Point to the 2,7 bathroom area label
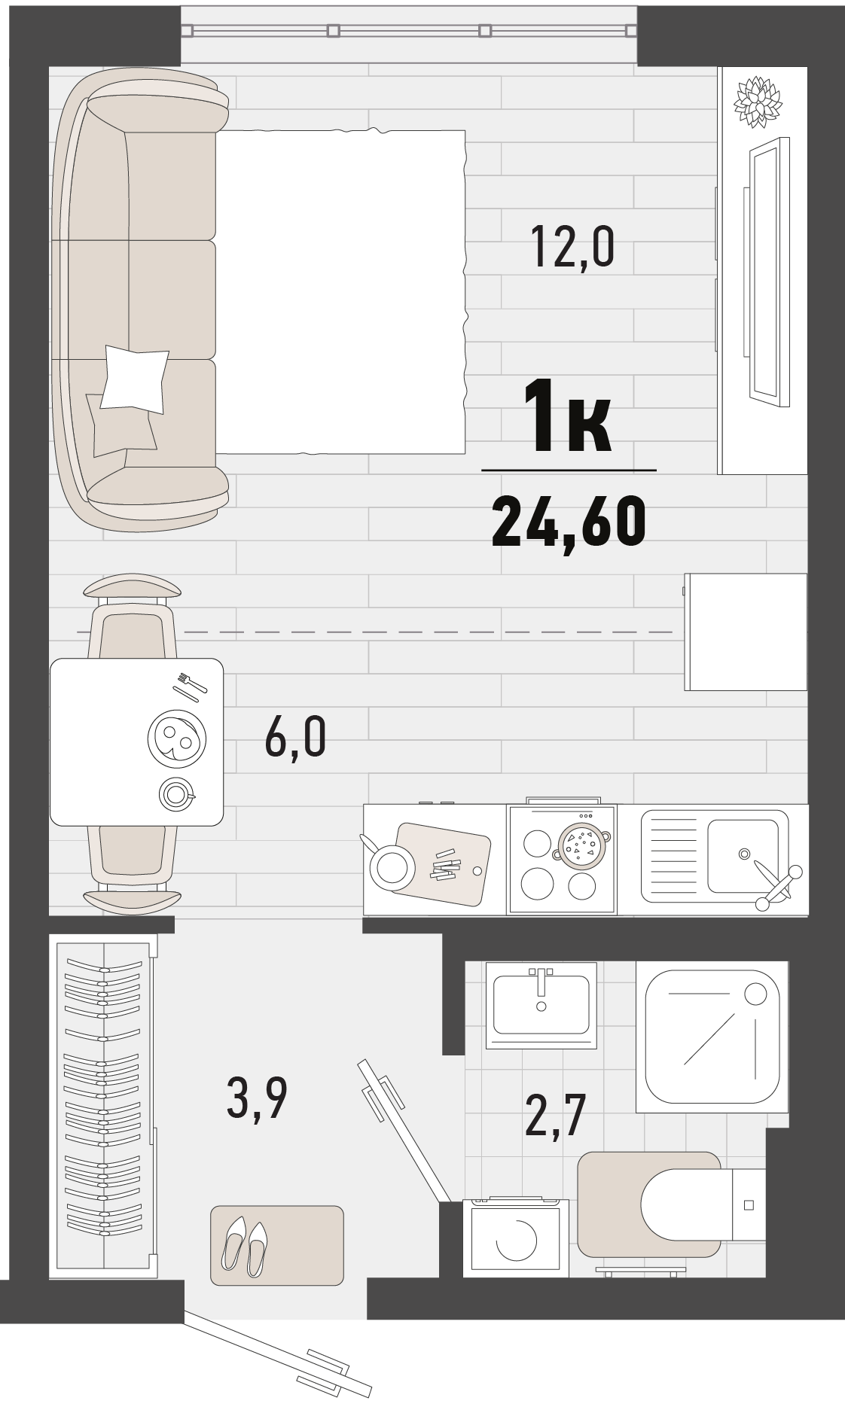(x=555, y=1116)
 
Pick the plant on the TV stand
(x=758, y=101)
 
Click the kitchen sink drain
(x=744, y=854)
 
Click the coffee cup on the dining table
(x=177, y=793)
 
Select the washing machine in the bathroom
(x=516, y=1237)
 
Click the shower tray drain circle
(x=755, y=994)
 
